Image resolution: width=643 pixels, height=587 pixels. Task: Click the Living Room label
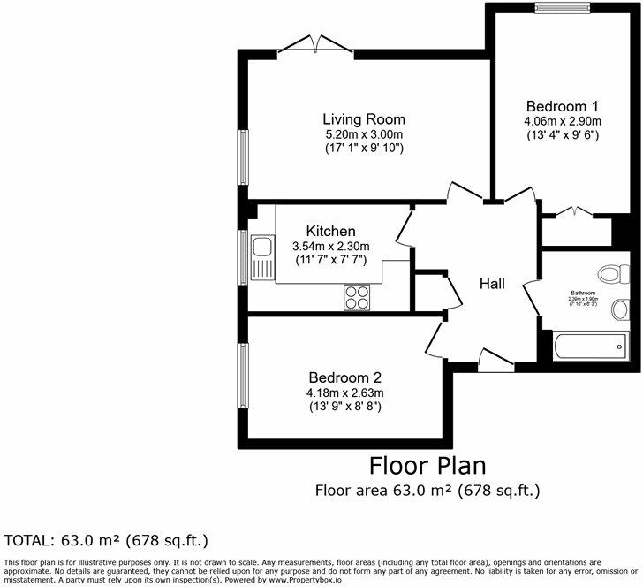364,119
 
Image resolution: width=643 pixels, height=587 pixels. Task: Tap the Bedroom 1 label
562,104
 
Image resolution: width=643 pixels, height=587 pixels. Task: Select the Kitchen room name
331,231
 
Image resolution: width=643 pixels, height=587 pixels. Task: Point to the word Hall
492,284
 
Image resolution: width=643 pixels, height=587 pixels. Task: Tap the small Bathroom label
583,293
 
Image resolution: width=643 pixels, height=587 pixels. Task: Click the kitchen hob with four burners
357,297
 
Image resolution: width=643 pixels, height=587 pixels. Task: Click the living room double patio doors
314,45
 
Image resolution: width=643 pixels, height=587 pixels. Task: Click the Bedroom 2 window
241,377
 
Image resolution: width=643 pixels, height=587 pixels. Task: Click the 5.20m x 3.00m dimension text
364,134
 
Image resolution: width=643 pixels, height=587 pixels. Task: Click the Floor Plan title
427,465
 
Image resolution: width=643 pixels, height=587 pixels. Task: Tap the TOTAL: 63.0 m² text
107,539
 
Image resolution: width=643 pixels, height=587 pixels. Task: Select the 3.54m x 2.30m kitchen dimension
331,246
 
